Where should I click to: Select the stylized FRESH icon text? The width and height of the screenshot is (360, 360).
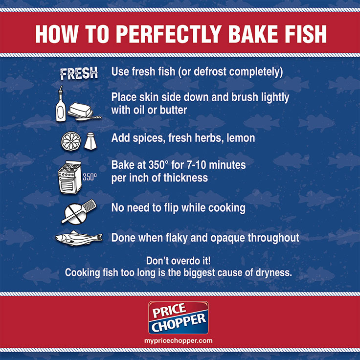[x=79, y=74]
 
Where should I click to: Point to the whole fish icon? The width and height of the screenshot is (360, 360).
[x=78, y=238]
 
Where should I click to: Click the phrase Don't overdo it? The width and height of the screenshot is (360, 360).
[x=179, y=261]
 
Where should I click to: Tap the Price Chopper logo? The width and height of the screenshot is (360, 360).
[x=178, y=318]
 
